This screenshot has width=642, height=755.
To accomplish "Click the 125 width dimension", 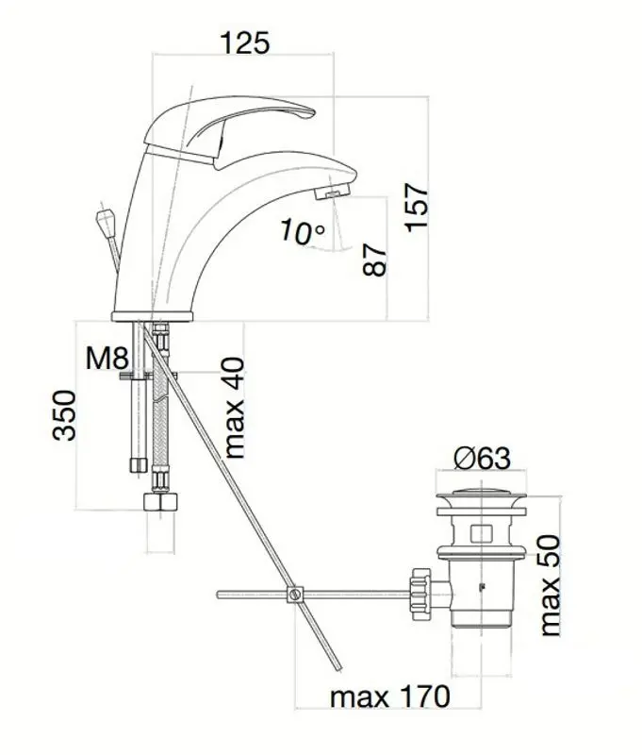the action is coord(245,42).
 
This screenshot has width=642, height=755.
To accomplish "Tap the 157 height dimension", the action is coord(417,207).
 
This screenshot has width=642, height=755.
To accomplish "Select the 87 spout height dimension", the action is coord(374,260).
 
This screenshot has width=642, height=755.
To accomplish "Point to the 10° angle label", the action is coord(303,231).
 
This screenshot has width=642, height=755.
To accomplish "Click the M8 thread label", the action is coord(107,359).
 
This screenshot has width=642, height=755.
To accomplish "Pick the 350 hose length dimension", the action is coord(64,415).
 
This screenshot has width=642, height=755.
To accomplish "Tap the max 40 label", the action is coord(235,408).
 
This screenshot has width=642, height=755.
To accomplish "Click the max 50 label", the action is coord(551,585).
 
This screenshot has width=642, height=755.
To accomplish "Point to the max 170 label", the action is coord(390,696).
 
